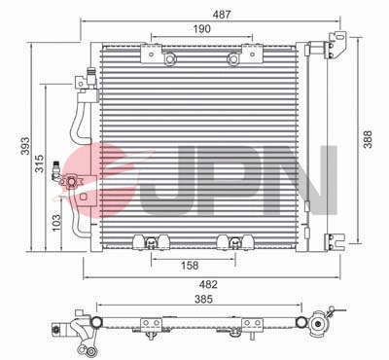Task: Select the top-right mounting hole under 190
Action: (x=233, y=62)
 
